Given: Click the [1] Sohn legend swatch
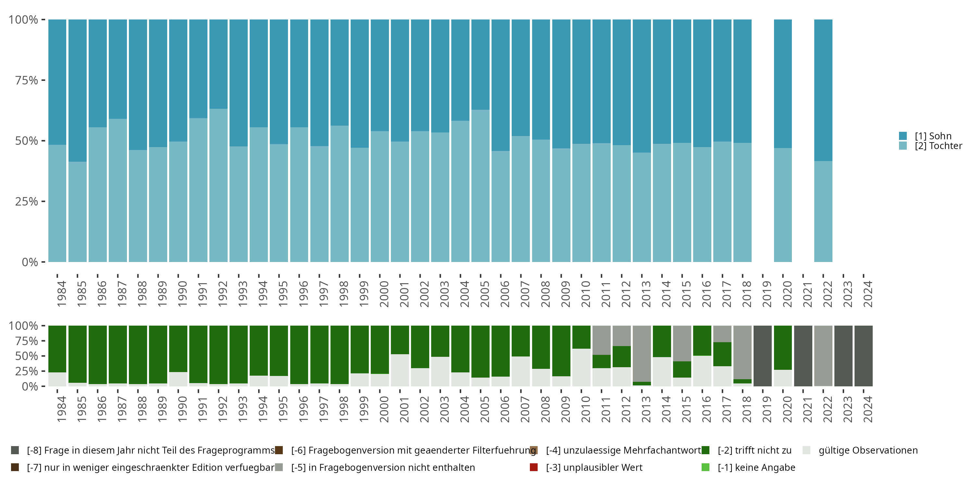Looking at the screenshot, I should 903,136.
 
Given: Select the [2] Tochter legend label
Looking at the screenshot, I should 939,146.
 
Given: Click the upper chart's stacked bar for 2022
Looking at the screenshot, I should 823,141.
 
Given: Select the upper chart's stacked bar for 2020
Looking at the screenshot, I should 783,141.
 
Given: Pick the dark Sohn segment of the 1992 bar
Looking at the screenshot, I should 219,64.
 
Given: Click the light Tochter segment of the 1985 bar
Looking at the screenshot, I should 78,212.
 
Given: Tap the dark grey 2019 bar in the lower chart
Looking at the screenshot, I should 763,356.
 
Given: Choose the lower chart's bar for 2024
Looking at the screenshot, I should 864,356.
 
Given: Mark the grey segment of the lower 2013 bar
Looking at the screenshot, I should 642,354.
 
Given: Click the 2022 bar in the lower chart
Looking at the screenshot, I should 823,356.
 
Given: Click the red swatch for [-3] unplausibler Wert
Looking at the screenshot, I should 534,467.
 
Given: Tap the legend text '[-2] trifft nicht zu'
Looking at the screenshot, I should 754,450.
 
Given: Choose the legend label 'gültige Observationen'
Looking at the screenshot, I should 868,450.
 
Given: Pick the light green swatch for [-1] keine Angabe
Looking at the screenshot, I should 706,467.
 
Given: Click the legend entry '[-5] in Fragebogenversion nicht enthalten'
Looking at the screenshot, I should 383,467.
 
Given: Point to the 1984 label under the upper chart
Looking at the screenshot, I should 61,294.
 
